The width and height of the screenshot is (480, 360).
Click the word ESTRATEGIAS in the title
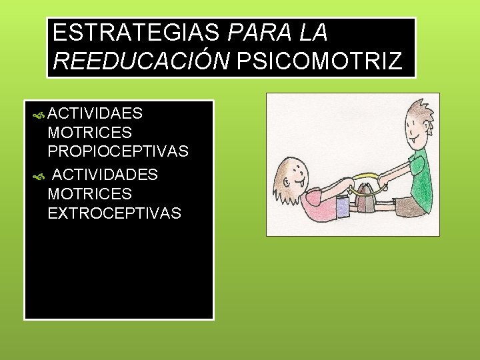137,33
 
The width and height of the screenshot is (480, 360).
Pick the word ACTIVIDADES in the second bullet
105,175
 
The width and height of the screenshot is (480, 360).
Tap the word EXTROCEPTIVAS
114,213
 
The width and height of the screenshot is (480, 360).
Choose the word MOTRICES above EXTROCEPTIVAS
89,194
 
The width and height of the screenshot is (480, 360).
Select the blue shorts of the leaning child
343,207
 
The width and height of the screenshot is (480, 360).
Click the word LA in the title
310,33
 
